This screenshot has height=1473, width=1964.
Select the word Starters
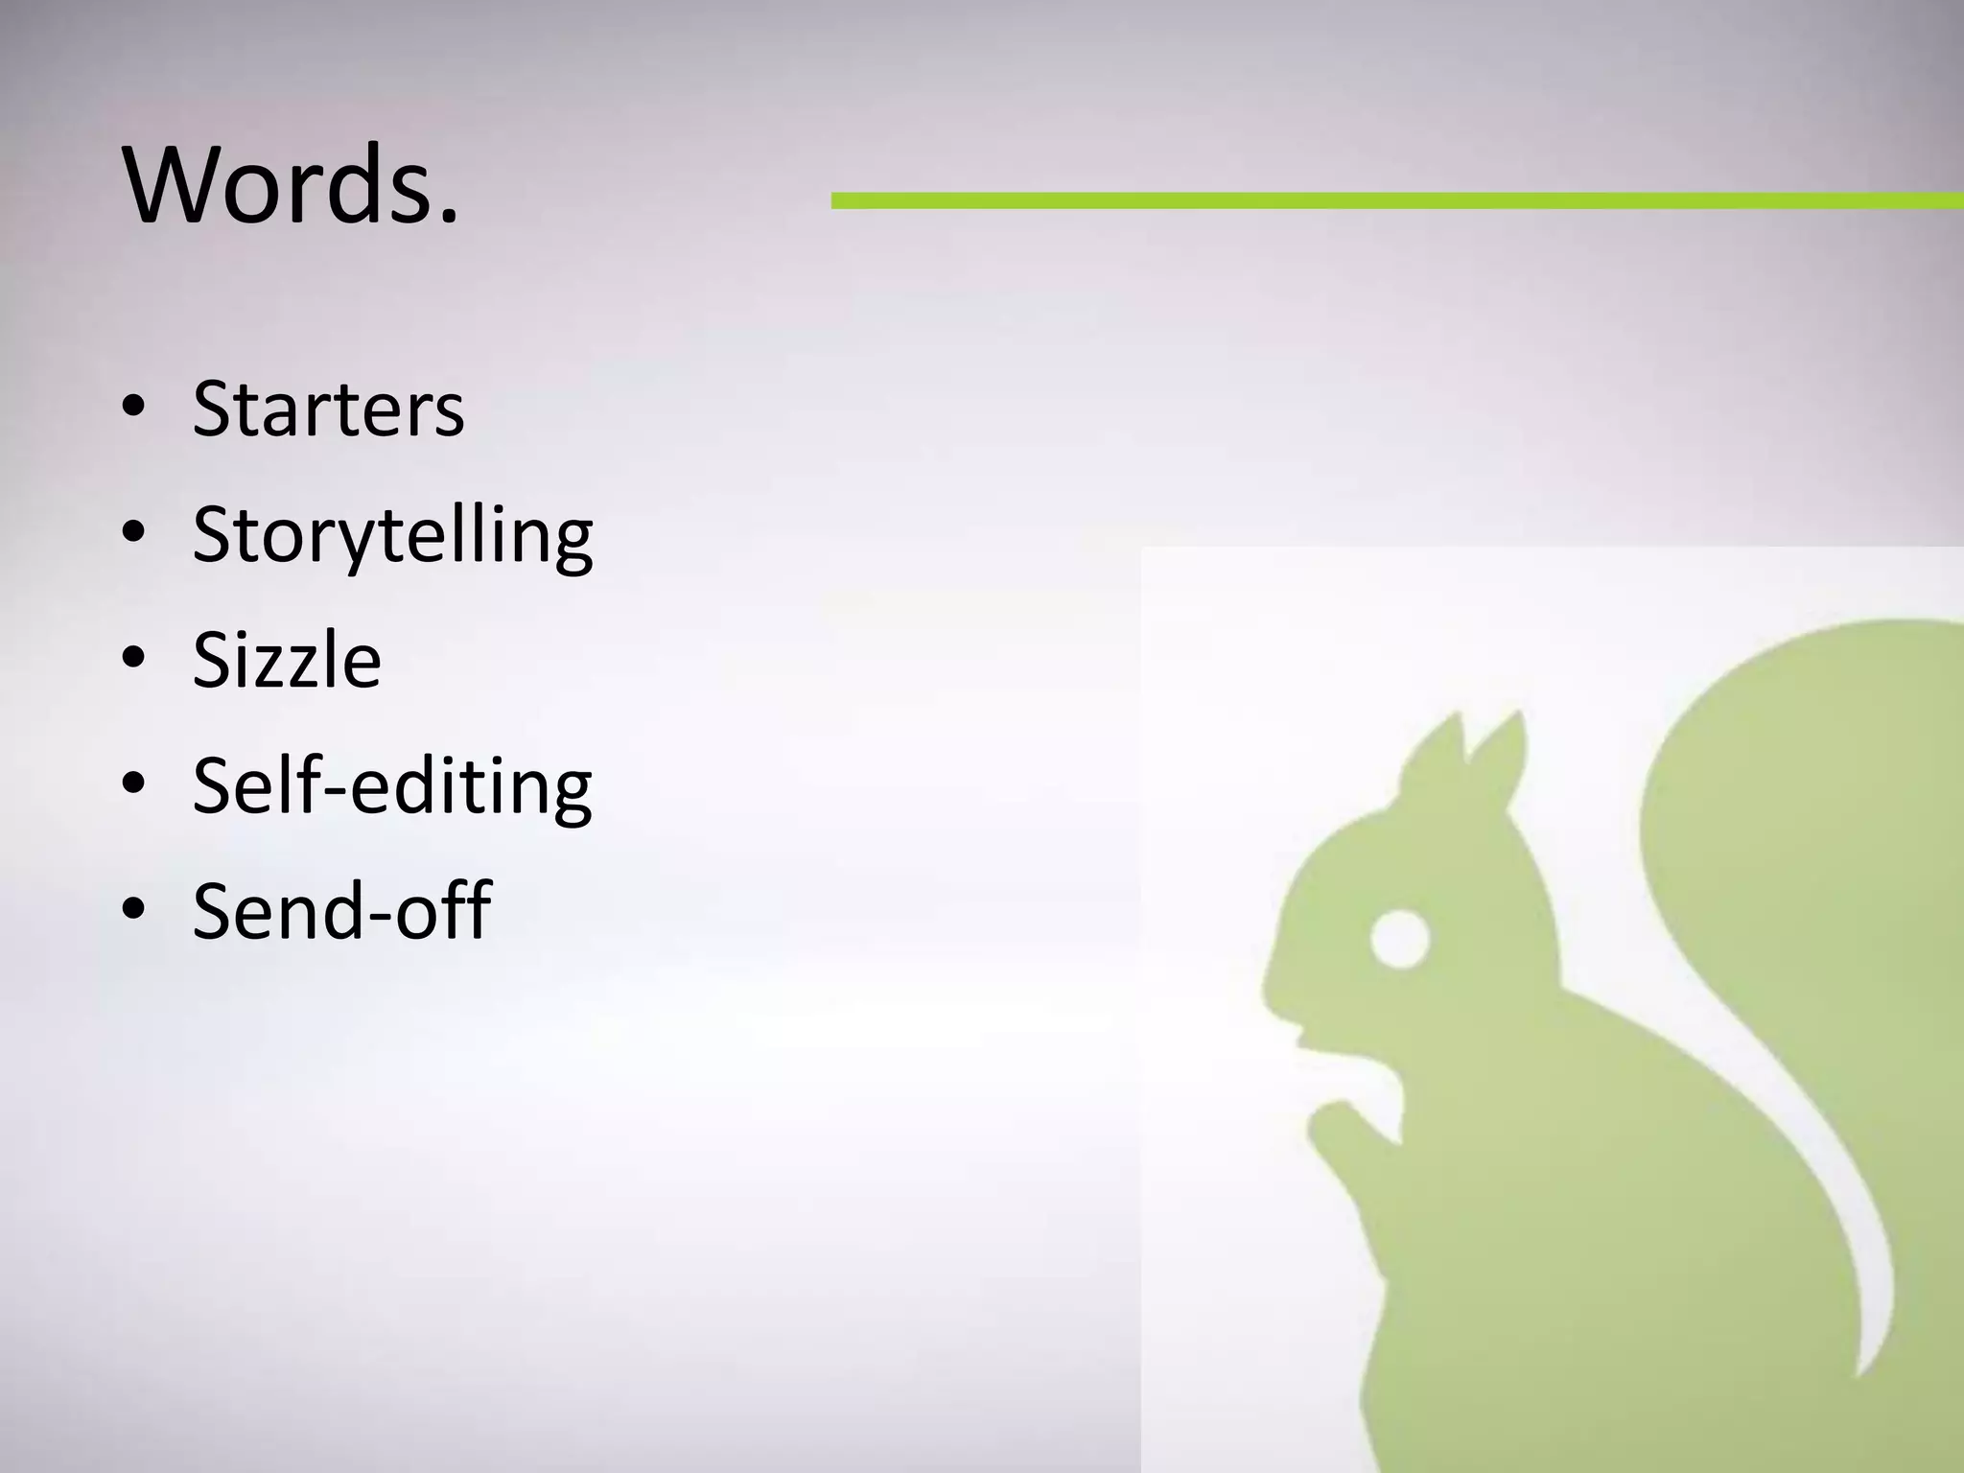tap(328, 409)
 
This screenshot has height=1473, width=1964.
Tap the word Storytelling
tap(392, 535)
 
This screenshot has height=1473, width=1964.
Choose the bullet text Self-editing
tap(392, 785)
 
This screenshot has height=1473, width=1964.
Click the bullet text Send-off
tap(341, 910)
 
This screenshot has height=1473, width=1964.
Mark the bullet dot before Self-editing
tap(134, 785)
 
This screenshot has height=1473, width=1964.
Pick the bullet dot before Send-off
tap(134, 910)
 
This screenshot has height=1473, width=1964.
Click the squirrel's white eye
tap(1399, 938)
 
